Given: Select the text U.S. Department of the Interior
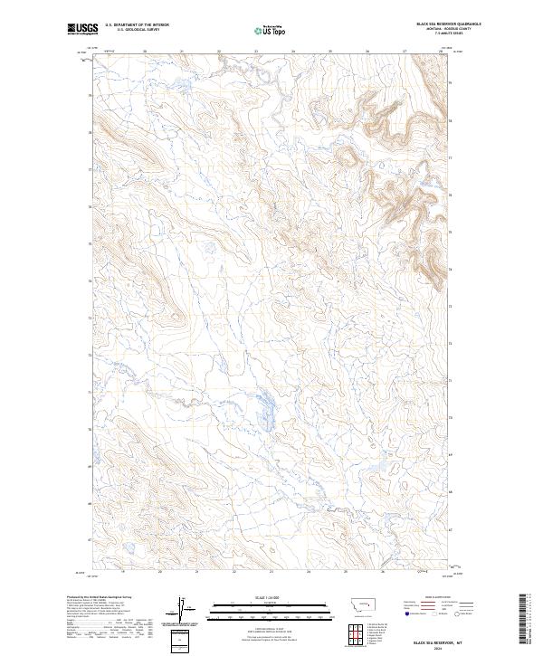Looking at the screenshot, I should (137, 24).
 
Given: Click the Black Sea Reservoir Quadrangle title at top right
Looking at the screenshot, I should (448, 24).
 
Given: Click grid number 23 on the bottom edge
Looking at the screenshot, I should (271, 573).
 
